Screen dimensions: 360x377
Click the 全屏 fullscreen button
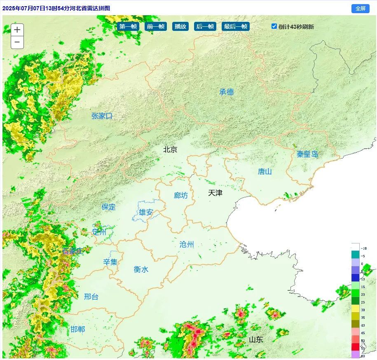[x=360, y=8]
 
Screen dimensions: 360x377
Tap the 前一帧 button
[x=155, y=26]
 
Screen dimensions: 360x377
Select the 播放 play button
[x=180, y=26]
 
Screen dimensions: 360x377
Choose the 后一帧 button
[x=205, y=26]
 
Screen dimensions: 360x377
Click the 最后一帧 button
[x=236, y=26]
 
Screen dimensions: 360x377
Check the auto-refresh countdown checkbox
[x=274, y=26]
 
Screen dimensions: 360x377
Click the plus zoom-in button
[x=17, y=30]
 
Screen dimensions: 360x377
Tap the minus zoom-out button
[x=17, y=42]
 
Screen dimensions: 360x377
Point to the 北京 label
[x=170, y=150]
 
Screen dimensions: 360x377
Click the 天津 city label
[x=215, y=192]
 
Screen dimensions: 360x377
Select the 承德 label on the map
[x=227, y=92]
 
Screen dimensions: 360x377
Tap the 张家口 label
[x=102, y=116]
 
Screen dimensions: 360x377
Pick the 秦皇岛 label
[x=307, y=154]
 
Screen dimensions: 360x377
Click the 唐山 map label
[x=265, y=171]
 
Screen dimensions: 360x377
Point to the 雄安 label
[x=146, y=213]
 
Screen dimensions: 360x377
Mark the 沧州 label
[x=187, y=244]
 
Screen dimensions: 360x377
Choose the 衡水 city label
[x=141, y=269]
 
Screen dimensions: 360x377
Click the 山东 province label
[x=256, y=340]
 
